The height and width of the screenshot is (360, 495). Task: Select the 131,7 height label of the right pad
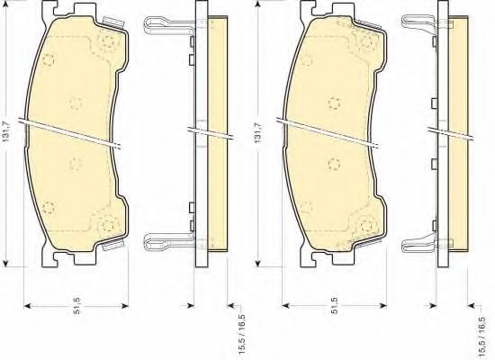point(258,133)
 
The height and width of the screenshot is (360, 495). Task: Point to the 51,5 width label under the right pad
point(335,306)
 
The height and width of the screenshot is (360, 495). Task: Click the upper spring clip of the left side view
point(168,26)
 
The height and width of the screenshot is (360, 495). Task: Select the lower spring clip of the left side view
point(168,242)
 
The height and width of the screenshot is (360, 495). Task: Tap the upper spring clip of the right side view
point(418,24)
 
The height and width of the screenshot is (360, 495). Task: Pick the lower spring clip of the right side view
point(418,243)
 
